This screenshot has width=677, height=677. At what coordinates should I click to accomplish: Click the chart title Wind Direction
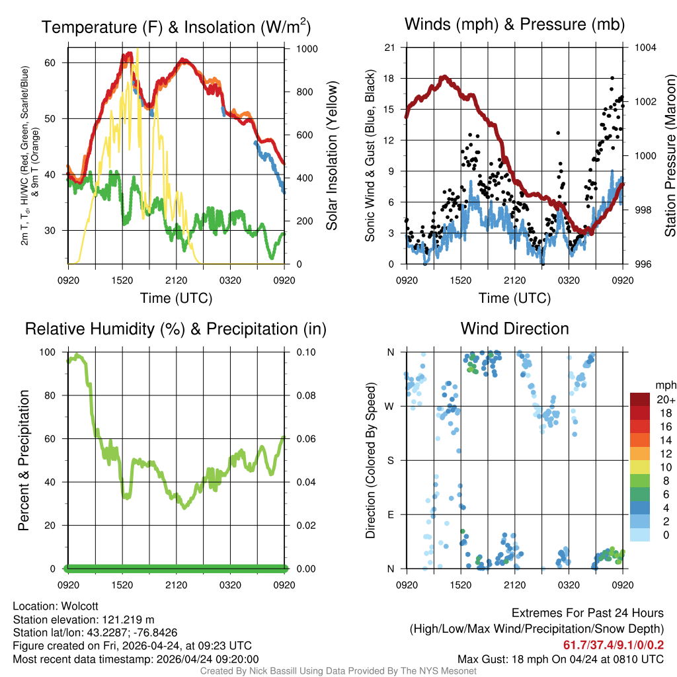pyautogui.click(x=514, y=329)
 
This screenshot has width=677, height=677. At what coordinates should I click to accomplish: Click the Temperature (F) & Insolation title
pyautogui.click(x=176, y=27)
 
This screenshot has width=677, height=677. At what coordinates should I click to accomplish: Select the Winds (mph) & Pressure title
pyautogui.click(x=514, y=24)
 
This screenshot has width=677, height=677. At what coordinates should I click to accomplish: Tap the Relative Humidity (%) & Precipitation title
pyautogui.click(x=176, y=329)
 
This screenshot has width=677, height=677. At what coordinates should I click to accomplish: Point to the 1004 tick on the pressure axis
pyautogui.click(x=645, y=48)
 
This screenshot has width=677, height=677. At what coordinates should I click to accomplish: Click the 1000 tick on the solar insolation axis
pyautogui.click(x=307, y=49)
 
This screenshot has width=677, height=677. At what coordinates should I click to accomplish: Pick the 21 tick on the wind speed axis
pyautogui.click(x=390, y=48)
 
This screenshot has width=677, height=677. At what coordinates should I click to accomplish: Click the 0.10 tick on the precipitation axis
pyautogui.click(x=307, y=352)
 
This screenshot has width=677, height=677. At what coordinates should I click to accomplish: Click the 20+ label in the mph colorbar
pyautogui.click(x=664, y=400)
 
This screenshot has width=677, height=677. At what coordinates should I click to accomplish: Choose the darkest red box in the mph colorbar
pyautogui.click(x=639, y=400)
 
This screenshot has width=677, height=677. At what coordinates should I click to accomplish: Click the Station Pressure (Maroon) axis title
pyautogui.click(x=669, y=156)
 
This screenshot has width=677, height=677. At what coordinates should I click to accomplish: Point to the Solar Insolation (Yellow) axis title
pyautogui.click(x=331, y=156)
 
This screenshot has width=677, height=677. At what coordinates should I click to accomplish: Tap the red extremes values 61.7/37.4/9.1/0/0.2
pyautogui.click(x=614, y=645)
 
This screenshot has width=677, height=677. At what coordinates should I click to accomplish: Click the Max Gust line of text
pyautogui.click(x=561, y=658)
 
